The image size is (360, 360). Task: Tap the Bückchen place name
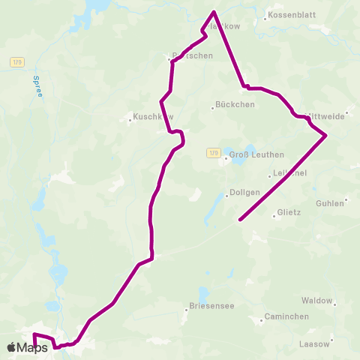click(x=235, y=104)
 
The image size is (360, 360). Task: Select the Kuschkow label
click(x=153, y=117)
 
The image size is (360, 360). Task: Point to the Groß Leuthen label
click(x=256, y=154)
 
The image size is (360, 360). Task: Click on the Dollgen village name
click(x=244, y=192)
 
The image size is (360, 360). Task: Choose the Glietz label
click(x=289, y=212)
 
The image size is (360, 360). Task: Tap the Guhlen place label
click(x=330, y=203)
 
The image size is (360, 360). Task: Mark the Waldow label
click(x=316, y=300)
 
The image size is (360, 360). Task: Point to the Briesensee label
click(x=208, y=306)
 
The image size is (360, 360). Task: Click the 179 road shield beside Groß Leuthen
click(x=214, y=153)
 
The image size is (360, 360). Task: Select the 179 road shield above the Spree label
click(x=18, y=62)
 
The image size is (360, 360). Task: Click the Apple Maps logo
click(x=28, y=347)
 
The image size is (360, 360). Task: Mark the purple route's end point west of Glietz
click(x=239, y=220)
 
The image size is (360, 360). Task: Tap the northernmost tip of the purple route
click(x=214, y=11)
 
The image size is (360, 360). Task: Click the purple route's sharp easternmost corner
click(x=326, y=135)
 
